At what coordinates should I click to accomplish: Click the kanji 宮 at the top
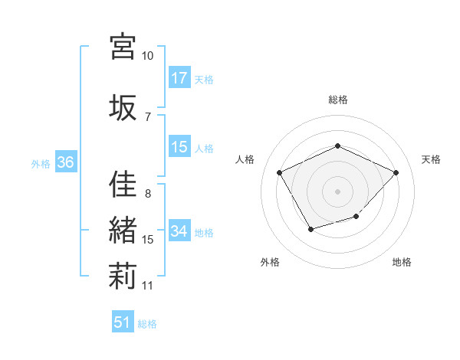123,45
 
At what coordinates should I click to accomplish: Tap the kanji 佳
123,185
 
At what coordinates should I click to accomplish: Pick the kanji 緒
123,231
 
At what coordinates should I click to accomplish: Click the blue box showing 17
179,78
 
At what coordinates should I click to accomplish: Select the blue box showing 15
179,147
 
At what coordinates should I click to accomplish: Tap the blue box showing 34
179,231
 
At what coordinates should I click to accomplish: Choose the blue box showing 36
65,162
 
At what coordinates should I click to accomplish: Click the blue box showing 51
123,322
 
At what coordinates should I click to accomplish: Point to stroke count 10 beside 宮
147,56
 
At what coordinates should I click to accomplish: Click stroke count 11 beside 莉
148,286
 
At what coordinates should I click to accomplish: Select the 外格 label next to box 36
41,163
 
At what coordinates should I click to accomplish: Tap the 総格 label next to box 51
147,324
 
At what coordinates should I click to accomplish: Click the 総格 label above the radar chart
337,100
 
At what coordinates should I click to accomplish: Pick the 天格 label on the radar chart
431,159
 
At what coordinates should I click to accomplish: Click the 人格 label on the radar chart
245,159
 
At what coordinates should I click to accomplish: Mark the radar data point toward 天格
396,172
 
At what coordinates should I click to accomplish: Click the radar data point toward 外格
310,229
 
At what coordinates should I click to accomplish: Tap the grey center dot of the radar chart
337,191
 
